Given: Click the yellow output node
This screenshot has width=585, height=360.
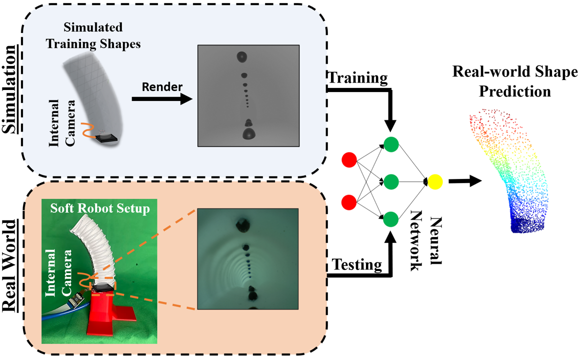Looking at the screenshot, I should (x=434, y=181).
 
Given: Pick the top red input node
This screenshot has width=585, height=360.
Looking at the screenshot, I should (x=348, y=160).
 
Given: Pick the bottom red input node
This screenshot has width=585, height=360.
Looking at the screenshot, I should (x=348, y=202).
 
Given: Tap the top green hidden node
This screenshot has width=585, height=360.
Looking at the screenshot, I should (x=391, y=144).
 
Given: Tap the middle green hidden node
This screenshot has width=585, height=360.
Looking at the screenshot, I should (x=391, y=181).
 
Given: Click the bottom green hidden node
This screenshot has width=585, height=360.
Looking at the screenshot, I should (x=391, y=218).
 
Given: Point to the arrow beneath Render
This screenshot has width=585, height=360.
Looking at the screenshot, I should (x=161, y=98).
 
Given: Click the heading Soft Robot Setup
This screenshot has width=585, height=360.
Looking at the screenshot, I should (x=99, y=208).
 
